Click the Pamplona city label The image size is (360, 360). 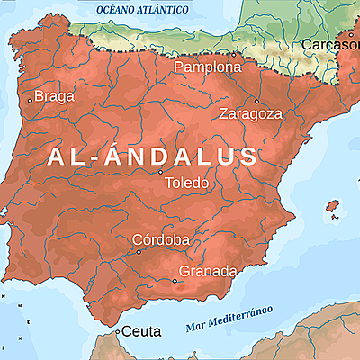coord(208,67)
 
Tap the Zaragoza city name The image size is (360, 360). coord(250,114)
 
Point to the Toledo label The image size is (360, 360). coord(187,184)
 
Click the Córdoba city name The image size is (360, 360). coord(160,239)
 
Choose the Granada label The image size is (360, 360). coord(208,271)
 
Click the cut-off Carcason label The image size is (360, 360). coord(330,45)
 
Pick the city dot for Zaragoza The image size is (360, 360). coord(256,101)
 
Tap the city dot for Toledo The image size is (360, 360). coord(160,172)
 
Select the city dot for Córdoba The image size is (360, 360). coord(139,252)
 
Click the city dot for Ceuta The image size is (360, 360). coord(117,331)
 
